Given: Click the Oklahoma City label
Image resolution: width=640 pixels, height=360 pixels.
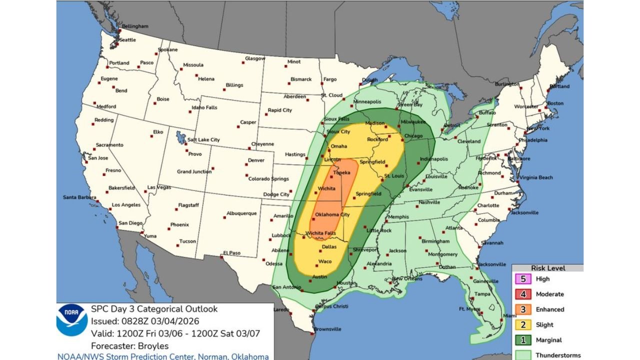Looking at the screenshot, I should (x=332, y=215).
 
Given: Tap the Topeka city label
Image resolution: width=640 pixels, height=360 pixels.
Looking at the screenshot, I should (x=342, y=172).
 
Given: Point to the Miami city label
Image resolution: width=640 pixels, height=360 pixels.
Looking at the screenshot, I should (x=509, y=315).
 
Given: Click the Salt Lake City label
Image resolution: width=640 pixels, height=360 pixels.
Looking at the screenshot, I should (x=203, y=140).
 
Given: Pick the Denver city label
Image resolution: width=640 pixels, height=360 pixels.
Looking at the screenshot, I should (x=256, y=160).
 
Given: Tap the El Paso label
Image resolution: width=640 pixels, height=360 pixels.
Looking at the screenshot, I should (x=232, y=253).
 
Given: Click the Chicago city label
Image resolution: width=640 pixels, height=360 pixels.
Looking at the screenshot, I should (x=413, y=136).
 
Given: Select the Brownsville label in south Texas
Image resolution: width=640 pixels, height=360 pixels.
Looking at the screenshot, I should (x=327, y=329).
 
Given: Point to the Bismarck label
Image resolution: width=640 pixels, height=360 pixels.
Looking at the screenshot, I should (x=301, y=79).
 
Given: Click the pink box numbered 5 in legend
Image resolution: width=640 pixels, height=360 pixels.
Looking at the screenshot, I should (x=523, y=279).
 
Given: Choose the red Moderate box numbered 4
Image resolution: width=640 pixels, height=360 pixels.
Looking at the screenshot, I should (x=523, y=294).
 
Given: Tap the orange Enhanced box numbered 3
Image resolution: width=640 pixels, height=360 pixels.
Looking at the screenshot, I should (x=523, y=309).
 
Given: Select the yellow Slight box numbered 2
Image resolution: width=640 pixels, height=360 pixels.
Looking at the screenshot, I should (x=523, y=324).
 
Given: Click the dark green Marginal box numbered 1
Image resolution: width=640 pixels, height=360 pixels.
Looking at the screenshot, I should (x=523, y=340).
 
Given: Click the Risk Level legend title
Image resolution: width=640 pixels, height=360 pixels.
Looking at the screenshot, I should (x=548, y=268).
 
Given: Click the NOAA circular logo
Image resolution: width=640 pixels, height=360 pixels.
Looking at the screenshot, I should (x=72, y=320).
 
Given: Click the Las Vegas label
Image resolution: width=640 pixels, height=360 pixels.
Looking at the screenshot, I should (x=159, y=187).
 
